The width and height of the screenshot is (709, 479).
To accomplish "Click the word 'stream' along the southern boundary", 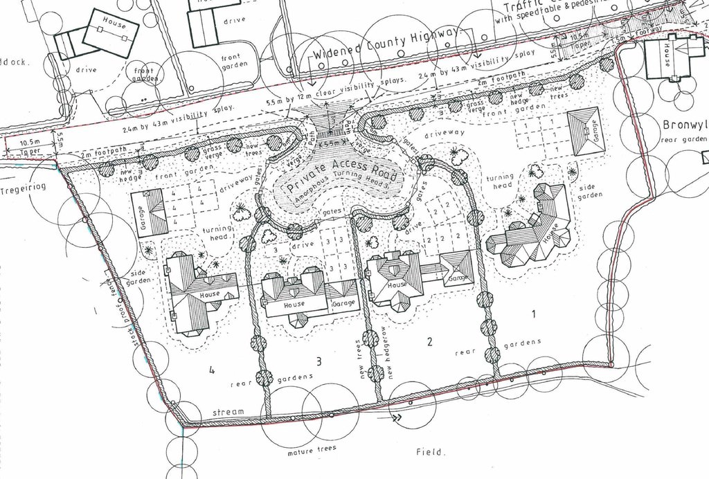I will tap(228, 412).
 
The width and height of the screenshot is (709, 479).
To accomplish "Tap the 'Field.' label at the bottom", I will tap(431, 452).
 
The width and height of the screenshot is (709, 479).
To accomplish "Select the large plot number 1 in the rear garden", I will tap(533, 314).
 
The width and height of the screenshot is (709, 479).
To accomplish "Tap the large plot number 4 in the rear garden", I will tap(211, 370).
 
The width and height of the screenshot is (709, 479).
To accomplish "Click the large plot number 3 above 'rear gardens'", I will tap(318, 361).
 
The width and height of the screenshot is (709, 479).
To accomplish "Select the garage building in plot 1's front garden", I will tap(586, 132).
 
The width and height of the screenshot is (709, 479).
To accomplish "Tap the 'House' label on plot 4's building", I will tap(209, 294).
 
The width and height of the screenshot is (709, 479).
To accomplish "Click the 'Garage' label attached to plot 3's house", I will tap(343, 304).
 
